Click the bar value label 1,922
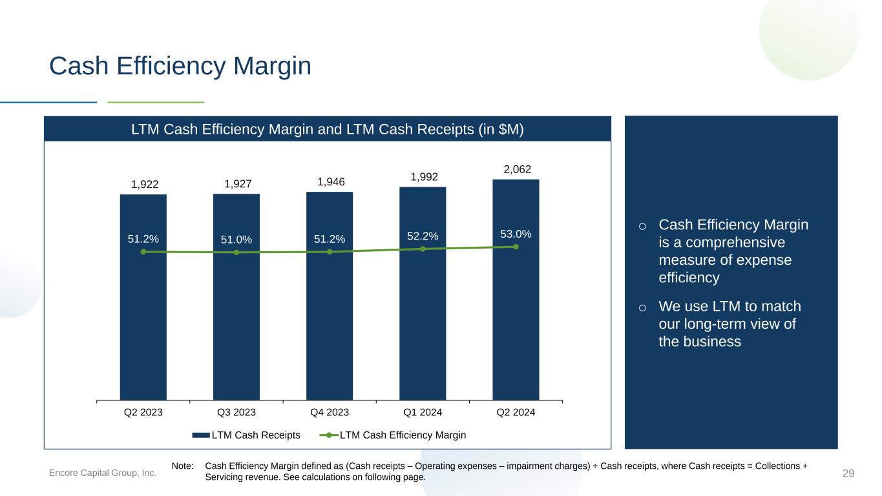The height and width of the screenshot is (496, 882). [x=145, y=184]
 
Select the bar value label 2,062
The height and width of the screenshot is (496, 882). [x=517, y=169]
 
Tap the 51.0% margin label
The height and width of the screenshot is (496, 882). [x=236, y=240]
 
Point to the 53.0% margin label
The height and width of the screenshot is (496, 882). [x=516, y=234]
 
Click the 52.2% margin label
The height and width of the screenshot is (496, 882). [x=423, y=236]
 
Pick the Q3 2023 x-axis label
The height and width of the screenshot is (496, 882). [x=236, y=412]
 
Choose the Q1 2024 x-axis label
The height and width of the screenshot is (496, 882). [x=423, y=412]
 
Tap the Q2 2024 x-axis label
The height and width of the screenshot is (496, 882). [x=516, y=412]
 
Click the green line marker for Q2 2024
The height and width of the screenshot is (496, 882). [x=516, y=247]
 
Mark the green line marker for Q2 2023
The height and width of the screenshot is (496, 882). [x=143, y=251]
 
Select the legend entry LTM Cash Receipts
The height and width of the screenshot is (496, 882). [x=246, y=435]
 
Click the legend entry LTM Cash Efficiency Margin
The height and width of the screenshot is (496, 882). [x=393, y=435]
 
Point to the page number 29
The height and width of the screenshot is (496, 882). [x=848, y=473]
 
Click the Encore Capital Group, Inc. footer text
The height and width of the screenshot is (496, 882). [x=102, y=473]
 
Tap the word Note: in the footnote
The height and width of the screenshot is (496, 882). [x=182, y=466]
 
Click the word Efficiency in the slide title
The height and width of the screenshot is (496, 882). [x=171, y=65]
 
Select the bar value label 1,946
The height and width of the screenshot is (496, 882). [x=331, y=182]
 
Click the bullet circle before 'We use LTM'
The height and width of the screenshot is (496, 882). [x=642, y=308]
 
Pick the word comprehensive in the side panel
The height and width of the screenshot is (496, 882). [x=735, y=242]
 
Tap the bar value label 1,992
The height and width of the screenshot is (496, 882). [x=424, y=177]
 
